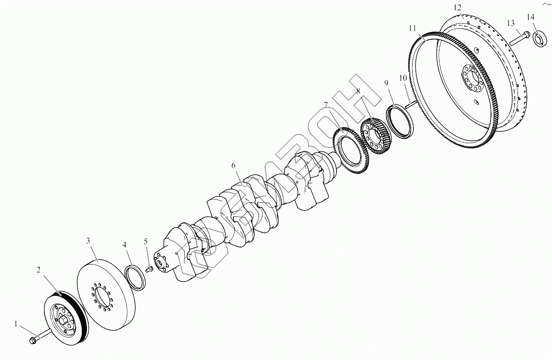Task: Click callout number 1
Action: [x=16, y=324]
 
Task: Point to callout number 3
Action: [x=88, y=241]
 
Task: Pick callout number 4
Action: [x=124, y=245]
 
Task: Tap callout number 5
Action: [x=146, y=241]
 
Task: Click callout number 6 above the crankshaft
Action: [x=233, y=165]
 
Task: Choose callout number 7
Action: [x=326, y=104]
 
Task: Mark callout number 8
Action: [x=358, y=91]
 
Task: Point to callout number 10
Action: [x=403, y=78]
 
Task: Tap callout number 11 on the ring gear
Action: [x=412, y=29]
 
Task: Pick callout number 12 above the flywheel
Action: [x=457, y=8]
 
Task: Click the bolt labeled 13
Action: [x=520, y=38]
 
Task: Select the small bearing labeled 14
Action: [x=538, y=38]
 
